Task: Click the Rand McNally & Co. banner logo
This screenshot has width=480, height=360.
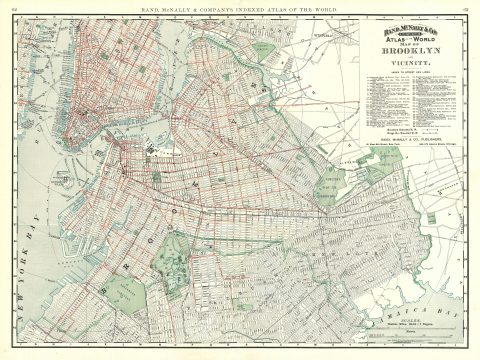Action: tap(410, 28)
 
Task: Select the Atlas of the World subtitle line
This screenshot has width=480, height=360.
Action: tap(410, 36)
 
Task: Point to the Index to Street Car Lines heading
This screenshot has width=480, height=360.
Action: tap(410, 70)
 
